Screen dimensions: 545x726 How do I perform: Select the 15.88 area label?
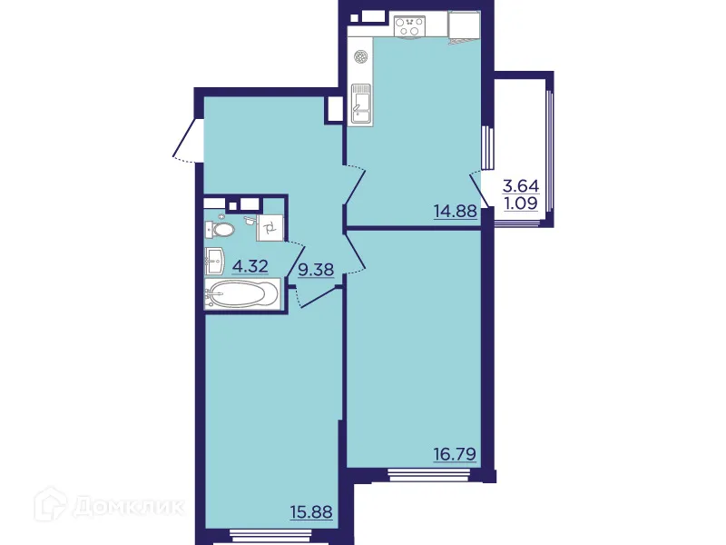tap(310, 512)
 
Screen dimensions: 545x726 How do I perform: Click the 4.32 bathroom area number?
tap(250, 266)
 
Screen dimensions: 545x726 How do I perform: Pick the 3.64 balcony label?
tap(521, 186)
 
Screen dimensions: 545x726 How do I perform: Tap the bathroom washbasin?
tap(216, 260)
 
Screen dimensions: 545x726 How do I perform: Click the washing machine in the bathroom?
tap(271, 226)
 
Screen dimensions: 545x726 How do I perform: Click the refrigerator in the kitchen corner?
tap(465, 26)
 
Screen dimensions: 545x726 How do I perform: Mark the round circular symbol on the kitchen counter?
tap(361, 56)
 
